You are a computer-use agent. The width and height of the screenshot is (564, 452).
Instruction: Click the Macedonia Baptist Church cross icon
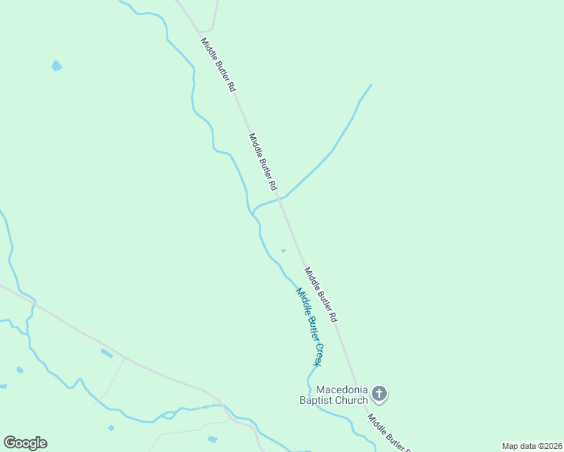click(380, 393)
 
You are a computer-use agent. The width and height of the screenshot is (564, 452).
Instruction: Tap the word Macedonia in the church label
click(342, 389)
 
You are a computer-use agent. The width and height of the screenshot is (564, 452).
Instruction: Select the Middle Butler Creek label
click(309, 326)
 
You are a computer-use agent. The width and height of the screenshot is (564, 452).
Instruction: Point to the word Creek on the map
click(317, 351)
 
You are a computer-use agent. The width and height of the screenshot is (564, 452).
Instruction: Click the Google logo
click(25, 443)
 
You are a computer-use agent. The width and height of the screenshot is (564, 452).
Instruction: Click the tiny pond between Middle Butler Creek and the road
click(284, 251)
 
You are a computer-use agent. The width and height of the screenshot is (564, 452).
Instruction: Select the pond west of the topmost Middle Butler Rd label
click(57, 66)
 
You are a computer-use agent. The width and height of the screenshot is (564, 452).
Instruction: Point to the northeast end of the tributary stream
click(371, 84)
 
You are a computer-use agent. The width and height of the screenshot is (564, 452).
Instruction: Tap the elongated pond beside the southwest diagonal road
click(106, 353)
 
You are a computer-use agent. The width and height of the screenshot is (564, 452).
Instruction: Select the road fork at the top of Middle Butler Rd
click(201, 32)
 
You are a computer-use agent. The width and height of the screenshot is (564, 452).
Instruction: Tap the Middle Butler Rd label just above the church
click(320, 295)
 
